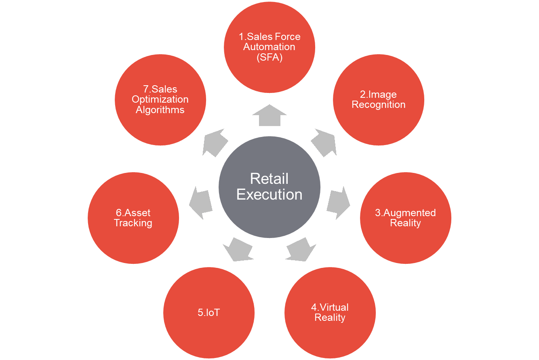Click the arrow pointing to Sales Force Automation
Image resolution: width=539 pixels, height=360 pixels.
pyautogui.click(x=269, y=116)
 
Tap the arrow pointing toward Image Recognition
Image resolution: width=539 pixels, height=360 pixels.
pyautogui.click(x=324, y=143)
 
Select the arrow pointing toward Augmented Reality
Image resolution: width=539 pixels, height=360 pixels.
pyautogui.click(x=338, y=202)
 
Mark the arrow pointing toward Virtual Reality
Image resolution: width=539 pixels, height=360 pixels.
pyautogui.click(x=301, y=249)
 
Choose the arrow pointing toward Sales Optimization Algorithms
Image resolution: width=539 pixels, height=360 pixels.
pyautogui.click(x=215, y=143)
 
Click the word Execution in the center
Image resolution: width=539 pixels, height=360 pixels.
pyautogui.click(x=269, y=195)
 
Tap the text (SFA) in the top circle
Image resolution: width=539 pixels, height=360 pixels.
pyautogui.click(x=269, y=57)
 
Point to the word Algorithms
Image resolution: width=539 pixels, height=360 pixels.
pyautogui.click(x=160, y=110)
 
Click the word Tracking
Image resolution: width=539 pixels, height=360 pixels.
pyautogui.click(x=133, y=223)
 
